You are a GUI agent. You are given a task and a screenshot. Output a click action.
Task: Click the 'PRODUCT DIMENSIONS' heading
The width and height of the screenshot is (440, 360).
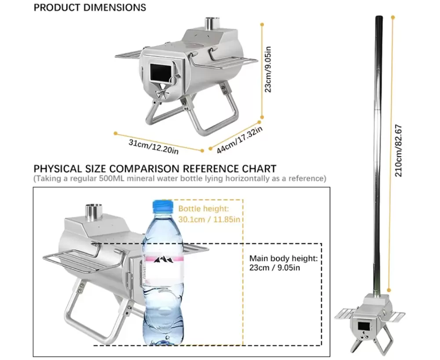pyautogui.click(x=90, y=7)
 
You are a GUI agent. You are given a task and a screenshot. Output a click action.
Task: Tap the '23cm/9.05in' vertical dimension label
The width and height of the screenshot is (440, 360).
pyautogui.click(x=268, y=69)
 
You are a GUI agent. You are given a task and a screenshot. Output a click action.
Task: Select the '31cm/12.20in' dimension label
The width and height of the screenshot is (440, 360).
pyautogui.click(x=154, y=147)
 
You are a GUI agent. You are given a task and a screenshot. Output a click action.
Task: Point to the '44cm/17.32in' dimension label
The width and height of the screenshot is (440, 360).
pyautogui.click(x=240, y=140)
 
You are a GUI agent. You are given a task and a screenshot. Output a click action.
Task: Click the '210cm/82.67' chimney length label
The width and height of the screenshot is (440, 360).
pyautogui.click(x=399, y=151)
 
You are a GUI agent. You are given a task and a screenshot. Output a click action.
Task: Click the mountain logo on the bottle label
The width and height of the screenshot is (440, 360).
pyautogui.click(x=163, y=260)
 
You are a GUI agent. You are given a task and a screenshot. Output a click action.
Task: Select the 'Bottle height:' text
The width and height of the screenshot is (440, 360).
pyautogui.click(x=204, y=209)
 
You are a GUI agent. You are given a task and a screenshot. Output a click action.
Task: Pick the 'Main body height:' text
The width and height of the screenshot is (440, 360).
pyautogui.click(x=284, y=258)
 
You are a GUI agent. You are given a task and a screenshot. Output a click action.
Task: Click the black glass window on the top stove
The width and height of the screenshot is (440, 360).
pyautogui.click(x=161, y=72)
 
